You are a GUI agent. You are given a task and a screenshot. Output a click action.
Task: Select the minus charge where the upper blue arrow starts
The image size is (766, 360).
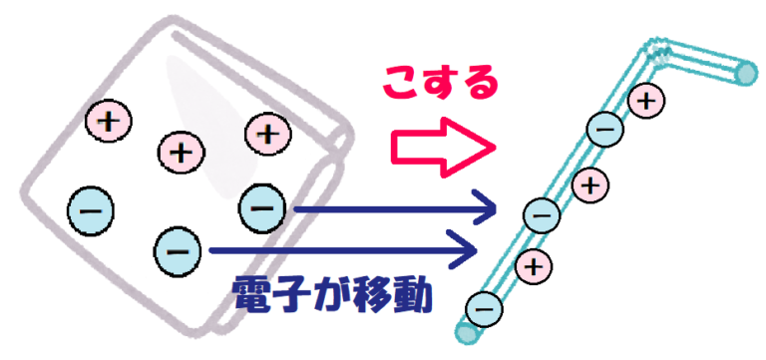261,207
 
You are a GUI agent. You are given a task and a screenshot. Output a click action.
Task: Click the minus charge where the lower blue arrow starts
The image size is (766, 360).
179,249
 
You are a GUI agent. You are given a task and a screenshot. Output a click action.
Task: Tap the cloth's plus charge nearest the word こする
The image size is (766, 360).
267,132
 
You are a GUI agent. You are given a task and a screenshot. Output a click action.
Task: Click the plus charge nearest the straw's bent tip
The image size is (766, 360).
647,100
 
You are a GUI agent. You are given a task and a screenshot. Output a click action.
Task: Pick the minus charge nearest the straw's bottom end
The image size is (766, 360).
483,308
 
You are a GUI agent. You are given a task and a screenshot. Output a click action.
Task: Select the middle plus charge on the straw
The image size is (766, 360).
591,183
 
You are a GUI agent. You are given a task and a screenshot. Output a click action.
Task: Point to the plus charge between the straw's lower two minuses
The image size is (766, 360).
536,265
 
